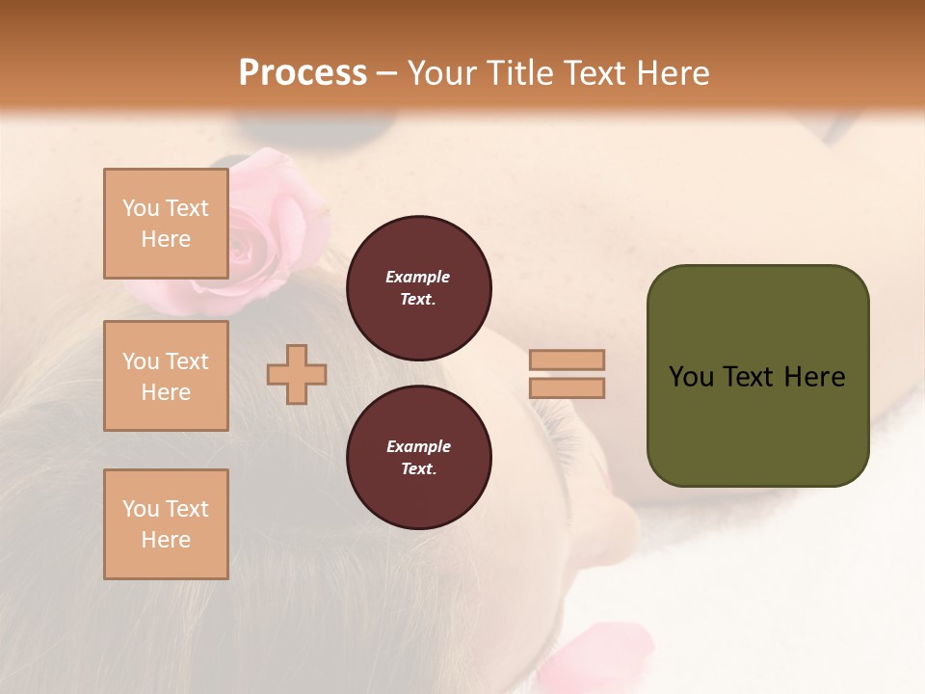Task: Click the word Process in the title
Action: [303, 73]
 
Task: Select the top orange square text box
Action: [166, 224]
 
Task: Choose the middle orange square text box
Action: [166, 376]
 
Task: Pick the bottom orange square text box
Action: [166, 524]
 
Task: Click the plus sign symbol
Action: [297, 374]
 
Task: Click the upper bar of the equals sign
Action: [567, 360]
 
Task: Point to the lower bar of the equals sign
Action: [567, 387]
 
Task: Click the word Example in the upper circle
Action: [418, 277]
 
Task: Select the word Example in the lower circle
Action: [418, 446]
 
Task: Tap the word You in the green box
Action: [691, 377]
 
